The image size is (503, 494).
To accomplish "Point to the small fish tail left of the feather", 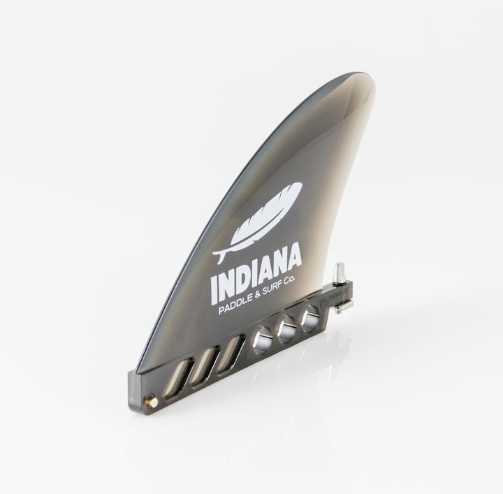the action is pyautogui.click(x=219, y=256).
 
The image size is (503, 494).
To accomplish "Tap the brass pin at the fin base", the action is pyautogui.click(x=153, y=401).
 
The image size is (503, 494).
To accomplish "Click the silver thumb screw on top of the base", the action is pyautogui.click(x=340, y=273).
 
